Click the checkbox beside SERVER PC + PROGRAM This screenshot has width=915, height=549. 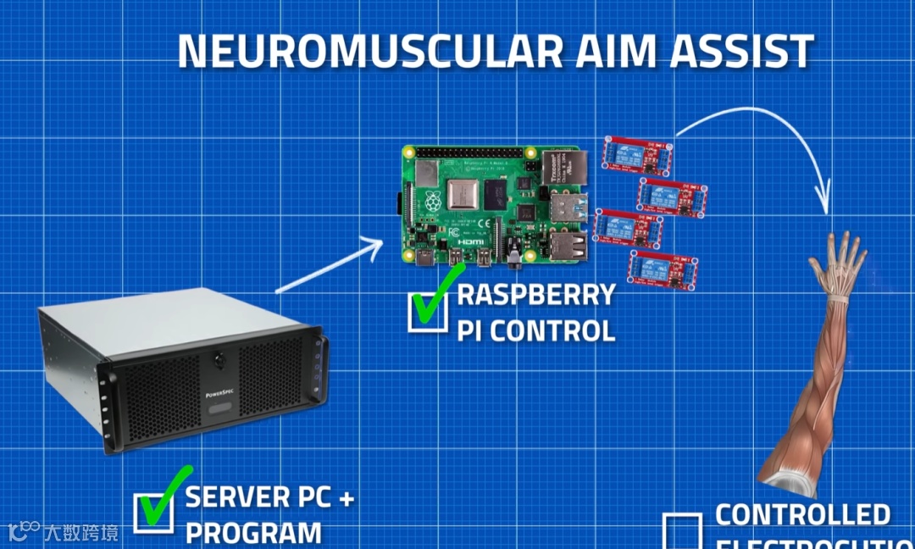(154, 511)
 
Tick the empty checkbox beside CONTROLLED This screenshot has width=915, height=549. (682, 530)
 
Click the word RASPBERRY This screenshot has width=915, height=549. (536, 296)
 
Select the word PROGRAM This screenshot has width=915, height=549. (253, 533)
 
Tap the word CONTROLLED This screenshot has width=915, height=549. (802, 514)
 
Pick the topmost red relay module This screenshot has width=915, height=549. (639, 152)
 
